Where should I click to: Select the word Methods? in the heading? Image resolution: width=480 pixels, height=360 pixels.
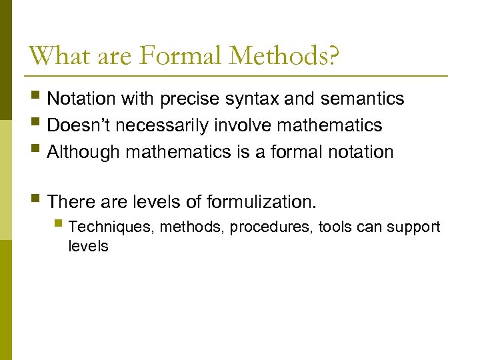[x=284, y=55]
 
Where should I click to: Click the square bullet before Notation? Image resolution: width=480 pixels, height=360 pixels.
[x=36, y=99]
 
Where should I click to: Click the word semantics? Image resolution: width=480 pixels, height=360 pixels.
[x=362, y=99]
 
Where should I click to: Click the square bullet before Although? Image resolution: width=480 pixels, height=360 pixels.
[x=36, y=152]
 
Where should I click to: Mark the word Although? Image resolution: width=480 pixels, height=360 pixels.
[x=84, y=152]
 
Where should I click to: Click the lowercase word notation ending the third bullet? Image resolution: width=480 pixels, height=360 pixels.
[x=361, y=152]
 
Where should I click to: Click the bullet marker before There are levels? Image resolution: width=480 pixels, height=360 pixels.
[x=36, y=200]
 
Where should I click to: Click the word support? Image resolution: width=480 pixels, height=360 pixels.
[x=415, y=227]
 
